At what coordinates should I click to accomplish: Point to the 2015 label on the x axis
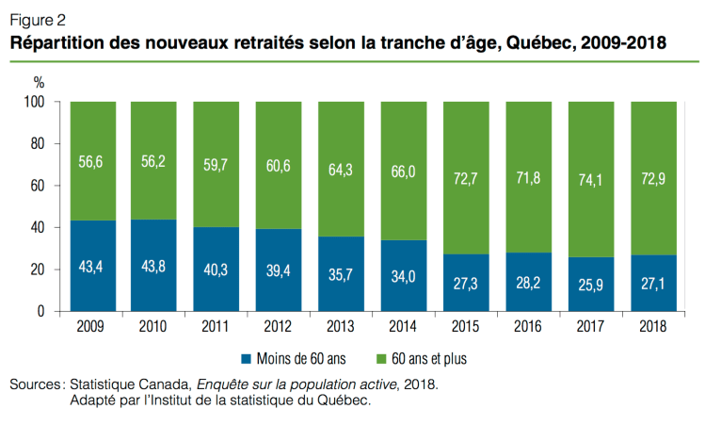point(467,326)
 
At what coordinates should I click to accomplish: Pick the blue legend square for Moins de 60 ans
point(248,358)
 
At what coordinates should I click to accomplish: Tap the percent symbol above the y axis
point(40,83)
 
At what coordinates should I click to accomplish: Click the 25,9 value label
point(590,286)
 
